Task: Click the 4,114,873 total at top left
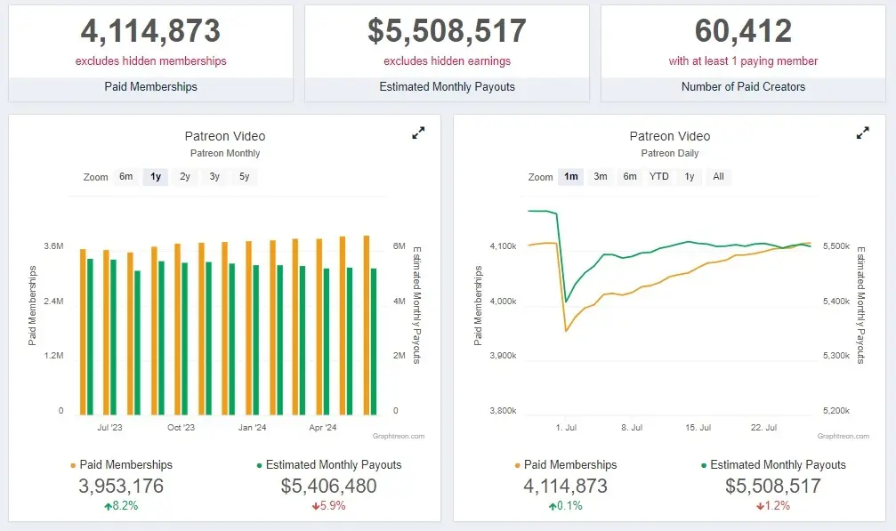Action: (150, 31)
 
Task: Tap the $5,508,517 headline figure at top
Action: (447, 31)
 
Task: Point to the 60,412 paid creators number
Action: (743, 31)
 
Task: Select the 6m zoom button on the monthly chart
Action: (126, 176)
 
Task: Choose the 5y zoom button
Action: (244, 176)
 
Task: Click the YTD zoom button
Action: (658, 176)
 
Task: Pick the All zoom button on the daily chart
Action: (718, 176)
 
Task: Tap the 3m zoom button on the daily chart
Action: (601, 176)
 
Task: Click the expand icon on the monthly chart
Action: (418, 133)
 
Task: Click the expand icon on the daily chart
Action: (862, 133)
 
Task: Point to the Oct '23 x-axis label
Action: (181, 428)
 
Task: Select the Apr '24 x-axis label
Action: (322, 428)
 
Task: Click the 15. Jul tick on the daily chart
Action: (698, 428)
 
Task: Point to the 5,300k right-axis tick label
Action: (834, 356)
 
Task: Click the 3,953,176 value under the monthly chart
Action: (121, 487)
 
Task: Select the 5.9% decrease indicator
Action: (328, 506)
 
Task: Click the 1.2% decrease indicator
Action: (773, 506)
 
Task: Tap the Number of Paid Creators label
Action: (743, 87)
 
